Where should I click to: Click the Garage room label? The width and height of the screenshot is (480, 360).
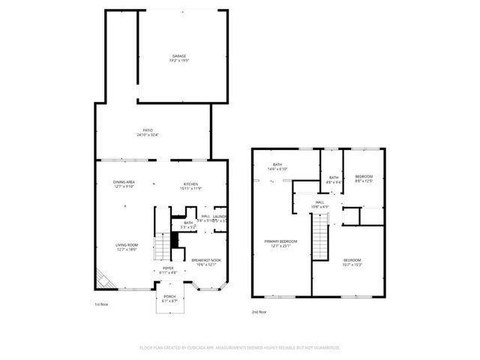(179, 58)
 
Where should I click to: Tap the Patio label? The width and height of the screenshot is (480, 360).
(148, 132)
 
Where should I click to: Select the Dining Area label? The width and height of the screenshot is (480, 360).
(124, 185)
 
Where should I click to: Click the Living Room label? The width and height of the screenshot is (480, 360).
(126, 247)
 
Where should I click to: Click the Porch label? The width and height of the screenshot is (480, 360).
(169, 298)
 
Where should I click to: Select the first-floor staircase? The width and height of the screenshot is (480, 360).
(163, 246)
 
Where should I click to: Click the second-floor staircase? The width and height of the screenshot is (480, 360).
(320, 236)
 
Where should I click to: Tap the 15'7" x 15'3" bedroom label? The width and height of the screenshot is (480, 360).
(352, 262)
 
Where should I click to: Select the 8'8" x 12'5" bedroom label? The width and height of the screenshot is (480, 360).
(364, 178)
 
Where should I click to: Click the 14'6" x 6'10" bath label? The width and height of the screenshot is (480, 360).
(277, 167)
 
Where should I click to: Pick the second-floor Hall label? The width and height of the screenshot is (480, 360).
(319, 204)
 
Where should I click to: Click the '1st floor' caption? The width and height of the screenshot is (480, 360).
(102, 304)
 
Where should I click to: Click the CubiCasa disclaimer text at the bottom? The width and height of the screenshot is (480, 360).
(240, 348)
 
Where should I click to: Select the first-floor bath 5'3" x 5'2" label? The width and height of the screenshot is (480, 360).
(189, 224)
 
